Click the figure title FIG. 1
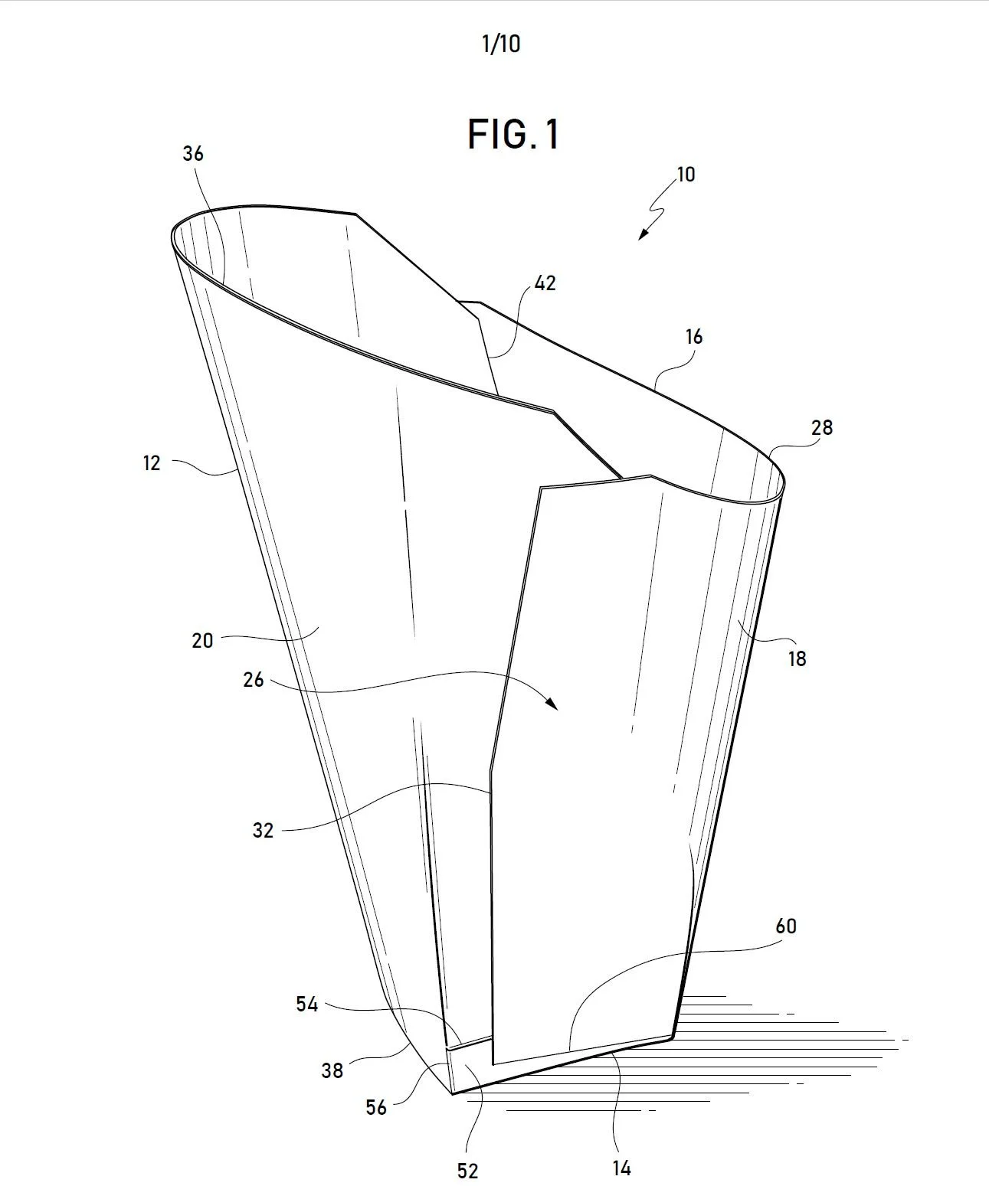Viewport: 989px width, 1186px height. click(x=513, y=135)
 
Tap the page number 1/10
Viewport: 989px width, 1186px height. click(x=500, y=44)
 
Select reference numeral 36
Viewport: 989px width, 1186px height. click(x=193, y=154)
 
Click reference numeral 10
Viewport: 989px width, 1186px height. click(x=686, y=175)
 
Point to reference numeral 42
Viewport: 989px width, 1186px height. click(x=545, y=283)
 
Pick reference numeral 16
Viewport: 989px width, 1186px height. click(x=694, y=337)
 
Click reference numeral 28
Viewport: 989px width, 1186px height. click(x=821, y=427)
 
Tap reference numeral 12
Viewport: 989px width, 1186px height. click(x=152, y=462)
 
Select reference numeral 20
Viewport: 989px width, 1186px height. click(x=202, y=640)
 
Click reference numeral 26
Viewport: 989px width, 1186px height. click(x=254, y=680)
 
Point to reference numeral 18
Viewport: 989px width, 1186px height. click(x=797, y=658)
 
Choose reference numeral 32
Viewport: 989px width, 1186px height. click(x=263, y=830)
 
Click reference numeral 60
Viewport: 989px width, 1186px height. click(x=786, y=926)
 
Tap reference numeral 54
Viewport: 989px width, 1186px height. click(x=306, y=1004)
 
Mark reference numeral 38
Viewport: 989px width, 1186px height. click(x=332, y=1070)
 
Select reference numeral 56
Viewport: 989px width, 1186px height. click(x=375, y=1107)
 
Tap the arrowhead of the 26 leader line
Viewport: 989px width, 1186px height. click(x=552, y=704)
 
